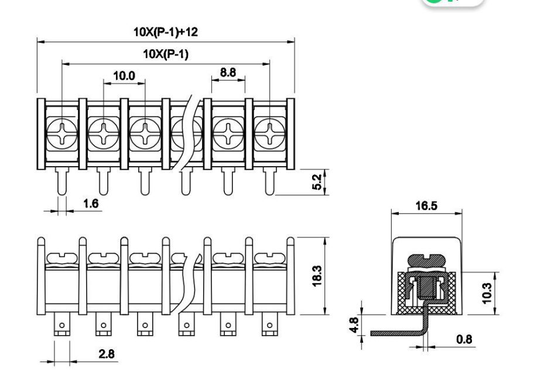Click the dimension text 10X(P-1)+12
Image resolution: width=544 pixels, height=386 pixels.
(x=166, y=32)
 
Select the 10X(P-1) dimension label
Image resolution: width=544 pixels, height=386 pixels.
(x=166, y=54)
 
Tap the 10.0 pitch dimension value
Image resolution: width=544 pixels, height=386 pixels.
(x=124, y=75)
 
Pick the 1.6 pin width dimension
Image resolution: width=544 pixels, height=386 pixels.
(x=91, y=204)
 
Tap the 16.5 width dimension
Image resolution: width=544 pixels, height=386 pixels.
(x=426, y=206)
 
